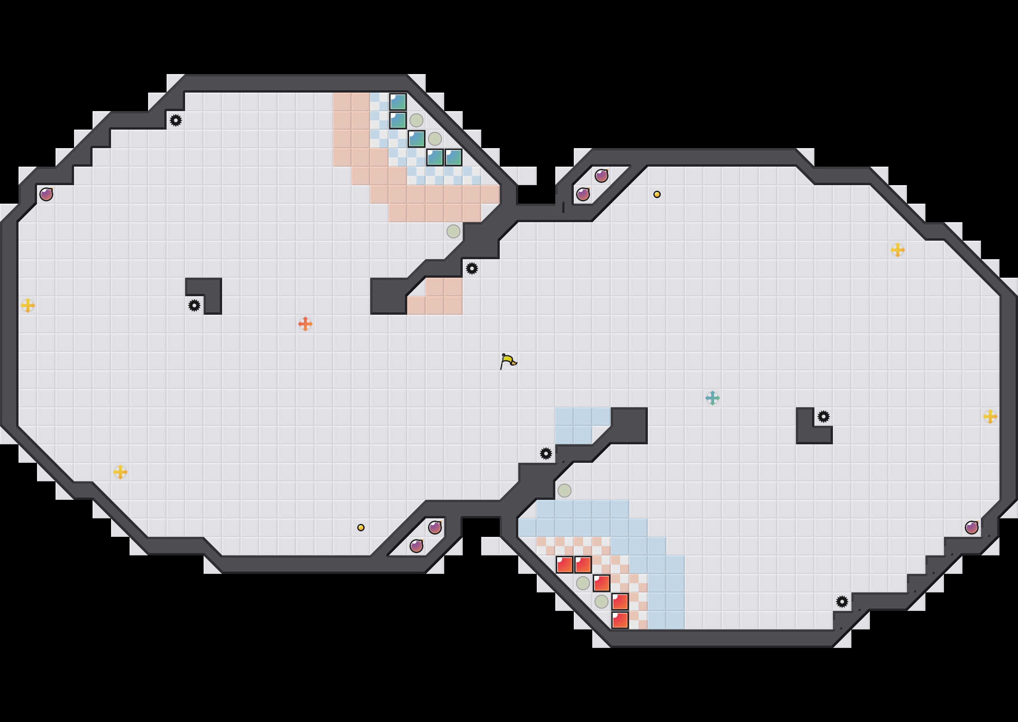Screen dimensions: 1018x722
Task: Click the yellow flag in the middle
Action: click(x=508, y=361)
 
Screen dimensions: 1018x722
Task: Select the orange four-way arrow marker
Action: click(x=305, y=324)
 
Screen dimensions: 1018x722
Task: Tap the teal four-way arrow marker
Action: click(x=713, y=398)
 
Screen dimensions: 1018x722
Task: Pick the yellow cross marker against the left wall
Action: click(x=28, y=305)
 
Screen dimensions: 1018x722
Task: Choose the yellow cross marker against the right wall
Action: click(x=990, y=417)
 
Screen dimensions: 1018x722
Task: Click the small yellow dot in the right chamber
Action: click(x=657, y=194)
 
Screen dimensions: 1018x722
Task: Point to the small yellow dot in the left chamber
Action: click(x=361, y=528)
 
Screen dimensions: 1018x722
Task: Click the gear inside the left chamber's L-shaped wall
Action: click(x=194, y=305)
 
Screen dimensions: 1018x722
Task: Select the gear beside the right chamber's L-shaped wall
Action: click(x=824, y=417)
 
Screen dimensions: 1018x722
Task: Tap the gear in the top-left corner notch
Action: click(x=176, y=120)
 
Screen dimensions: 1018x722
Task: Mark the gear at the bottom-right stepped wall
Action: click(x=842, y=602)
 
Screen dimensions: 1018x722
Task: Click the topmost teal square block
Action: click(x=398, y=102)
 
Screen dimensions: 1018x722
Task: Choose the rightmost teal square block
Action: click(x=453, y=157)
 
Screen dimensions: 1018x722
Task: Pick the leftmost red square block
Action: click(x=565, y=565)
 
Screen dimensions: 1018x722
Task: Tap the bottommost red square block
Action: click(x=620, y=620)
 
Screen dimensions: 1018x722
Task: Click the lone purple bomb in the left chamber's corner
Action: click(x=46, y=194)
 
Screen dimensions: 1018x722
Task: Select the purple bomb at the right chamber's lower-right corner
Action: click(x=972, y=528)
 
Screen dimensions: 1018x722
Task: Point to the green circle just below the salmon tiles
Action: click(x=453, y=231)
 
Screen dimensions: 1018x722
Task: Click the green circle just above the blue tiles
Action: click(x=565, y=491)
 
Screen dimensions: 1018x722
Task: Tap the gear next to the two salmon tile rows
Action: click(x=472, y=268)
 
